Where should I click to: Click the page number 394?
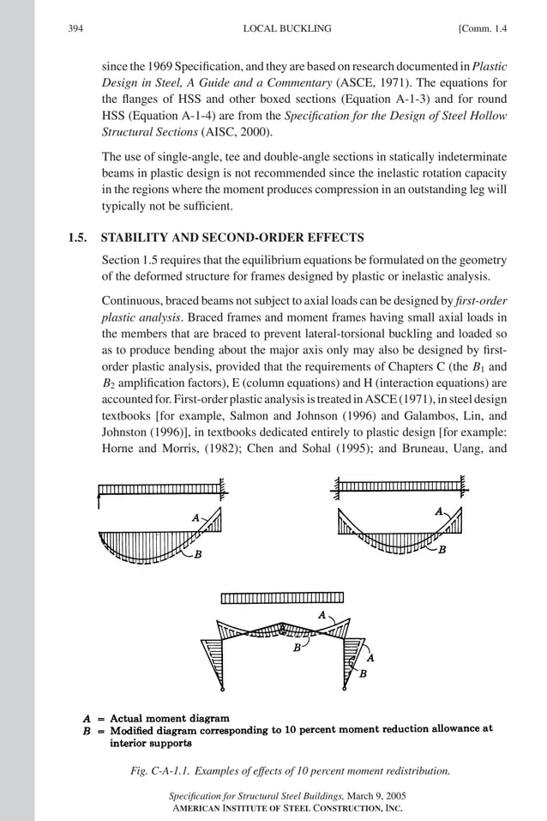tap(75, 29)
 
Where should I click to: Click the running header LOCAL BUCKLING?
tap(287, 29)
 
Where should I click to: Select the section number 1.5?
tap(79, 238)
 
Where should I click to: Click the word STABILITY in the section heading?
tap(135, 238)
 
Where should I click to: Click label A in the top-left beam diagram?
tap(196, 517)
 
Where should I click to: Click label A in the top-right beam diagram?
tap(439, 511)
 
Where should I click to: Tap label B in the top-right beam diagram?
tap(442, 550)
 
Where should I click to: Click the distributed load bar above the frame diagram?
tap(282, 597)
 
